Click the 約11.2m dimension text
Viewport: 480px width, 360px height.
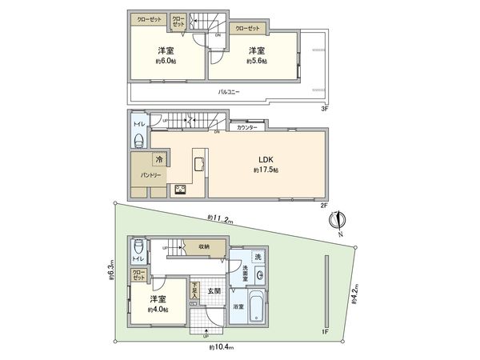pos(219,218)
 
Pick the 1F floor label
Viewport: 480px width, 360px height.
pos(325,331)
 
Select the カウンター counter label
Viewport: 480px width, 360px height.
pos(246,127)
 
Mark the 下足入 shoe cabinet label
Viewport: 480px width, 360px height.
pos(194,290)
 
